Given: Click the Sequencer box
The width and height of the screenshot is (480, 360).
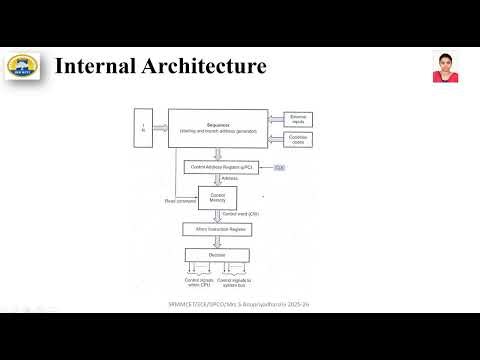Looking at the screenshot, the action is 218,129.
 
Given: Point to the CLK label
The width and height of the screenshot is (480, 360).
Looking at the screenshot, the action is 280,166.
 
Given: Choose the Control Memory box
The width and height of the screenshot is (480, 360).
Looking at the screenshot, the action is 218,198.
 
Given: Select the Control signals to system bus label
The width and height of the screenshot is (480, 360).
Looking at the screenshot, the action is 236,283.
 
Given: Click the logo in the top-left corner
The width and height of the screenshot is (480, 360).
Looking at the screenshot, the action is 22,67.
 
